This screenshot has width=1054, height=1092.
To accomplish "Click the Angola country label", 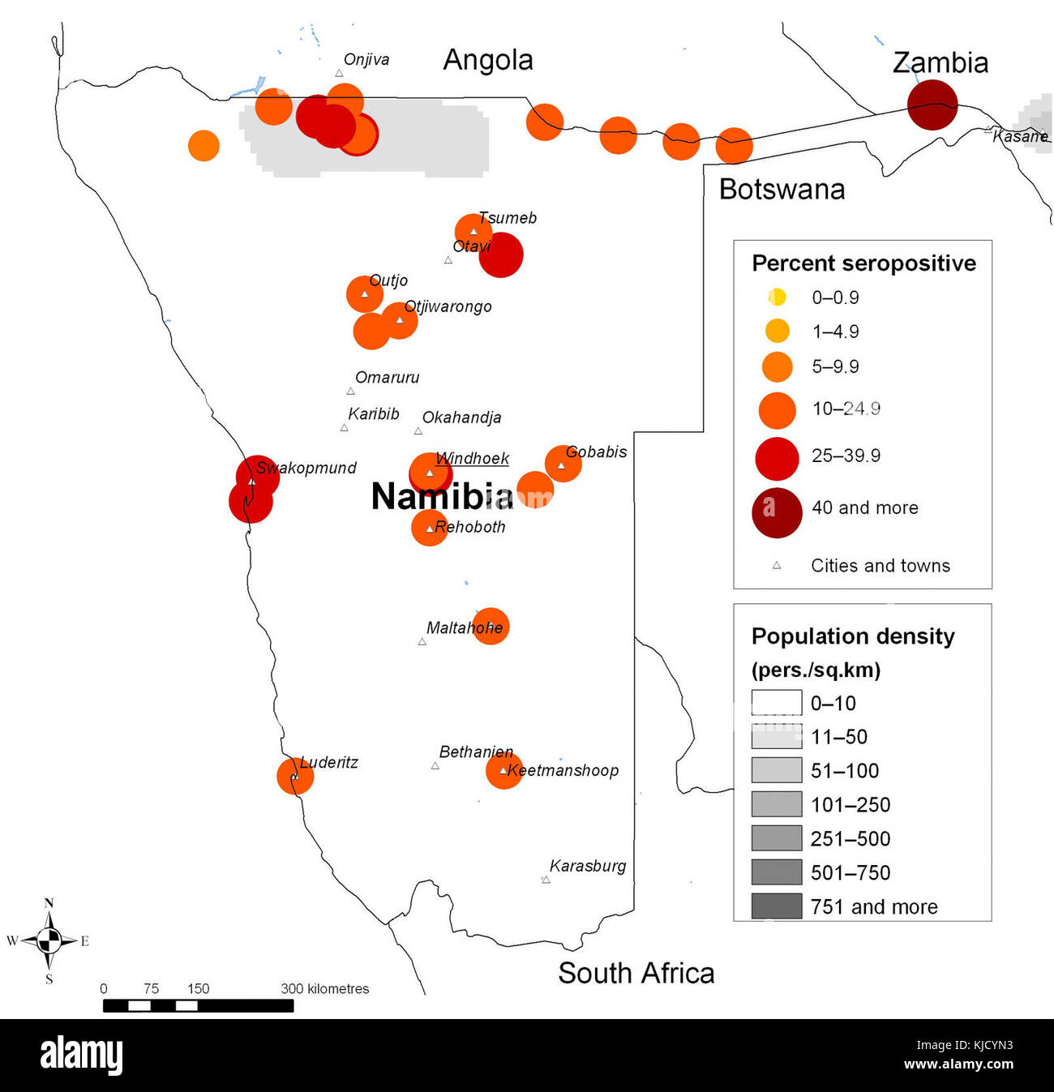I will click(x=487, y=60).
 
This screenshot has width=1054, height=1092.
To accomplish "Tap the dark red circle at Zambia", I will click(x=932, y=105).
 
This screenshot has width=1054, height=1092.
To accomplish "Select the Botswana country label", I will click(x=782, y=189).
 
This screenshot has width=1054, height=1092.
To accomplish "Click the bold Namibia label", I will click(x=442, y=496).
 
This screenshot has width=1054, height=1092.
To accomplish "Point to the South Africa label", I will click(x=636, y=973).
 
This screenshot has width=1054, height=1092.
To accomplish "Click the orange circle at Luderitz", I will click(x=295, y=776).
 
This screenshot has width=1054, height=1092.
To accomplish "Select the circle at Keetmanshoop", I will click(x=503, y=770).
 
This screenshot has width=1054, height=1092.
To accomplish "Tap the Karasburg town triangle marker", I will click(x=546, y=880).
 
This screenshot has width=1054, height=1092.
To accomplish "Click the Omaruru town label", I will click(x=387, y=378).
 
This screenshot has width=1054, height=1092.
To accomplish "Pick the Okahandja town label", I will click(x=461, y=418).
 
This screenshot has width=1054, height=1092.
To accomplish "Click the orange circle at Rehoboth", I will click(x=429, y=528).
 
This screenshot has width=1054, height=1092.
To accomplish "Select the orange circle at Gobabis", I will click(x=563, y=464).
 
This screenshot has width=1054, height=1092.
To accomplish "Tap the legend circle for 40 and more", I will click(x=777, y=512).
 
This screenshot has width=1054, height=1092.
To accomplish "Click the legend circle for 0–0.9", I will click(x=777, y=297).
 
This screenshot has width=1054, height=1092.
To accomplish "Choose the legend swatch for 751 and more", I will click(x=776, y=906).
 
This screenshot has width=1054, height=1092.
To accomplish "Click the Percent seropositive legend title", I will click(x=863, y=263).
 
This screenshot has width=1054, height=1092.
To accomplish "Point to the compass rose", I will click(x=49, y=940).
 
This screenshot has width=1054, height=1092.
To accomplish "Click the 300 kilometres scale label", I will click(x=324, y=989).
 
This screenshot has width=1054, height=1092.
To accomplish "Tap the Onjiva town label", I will click(x=366, y=59).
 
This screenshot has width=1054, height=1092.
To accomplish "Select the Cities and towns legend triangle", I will click(x=777, y=565).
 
